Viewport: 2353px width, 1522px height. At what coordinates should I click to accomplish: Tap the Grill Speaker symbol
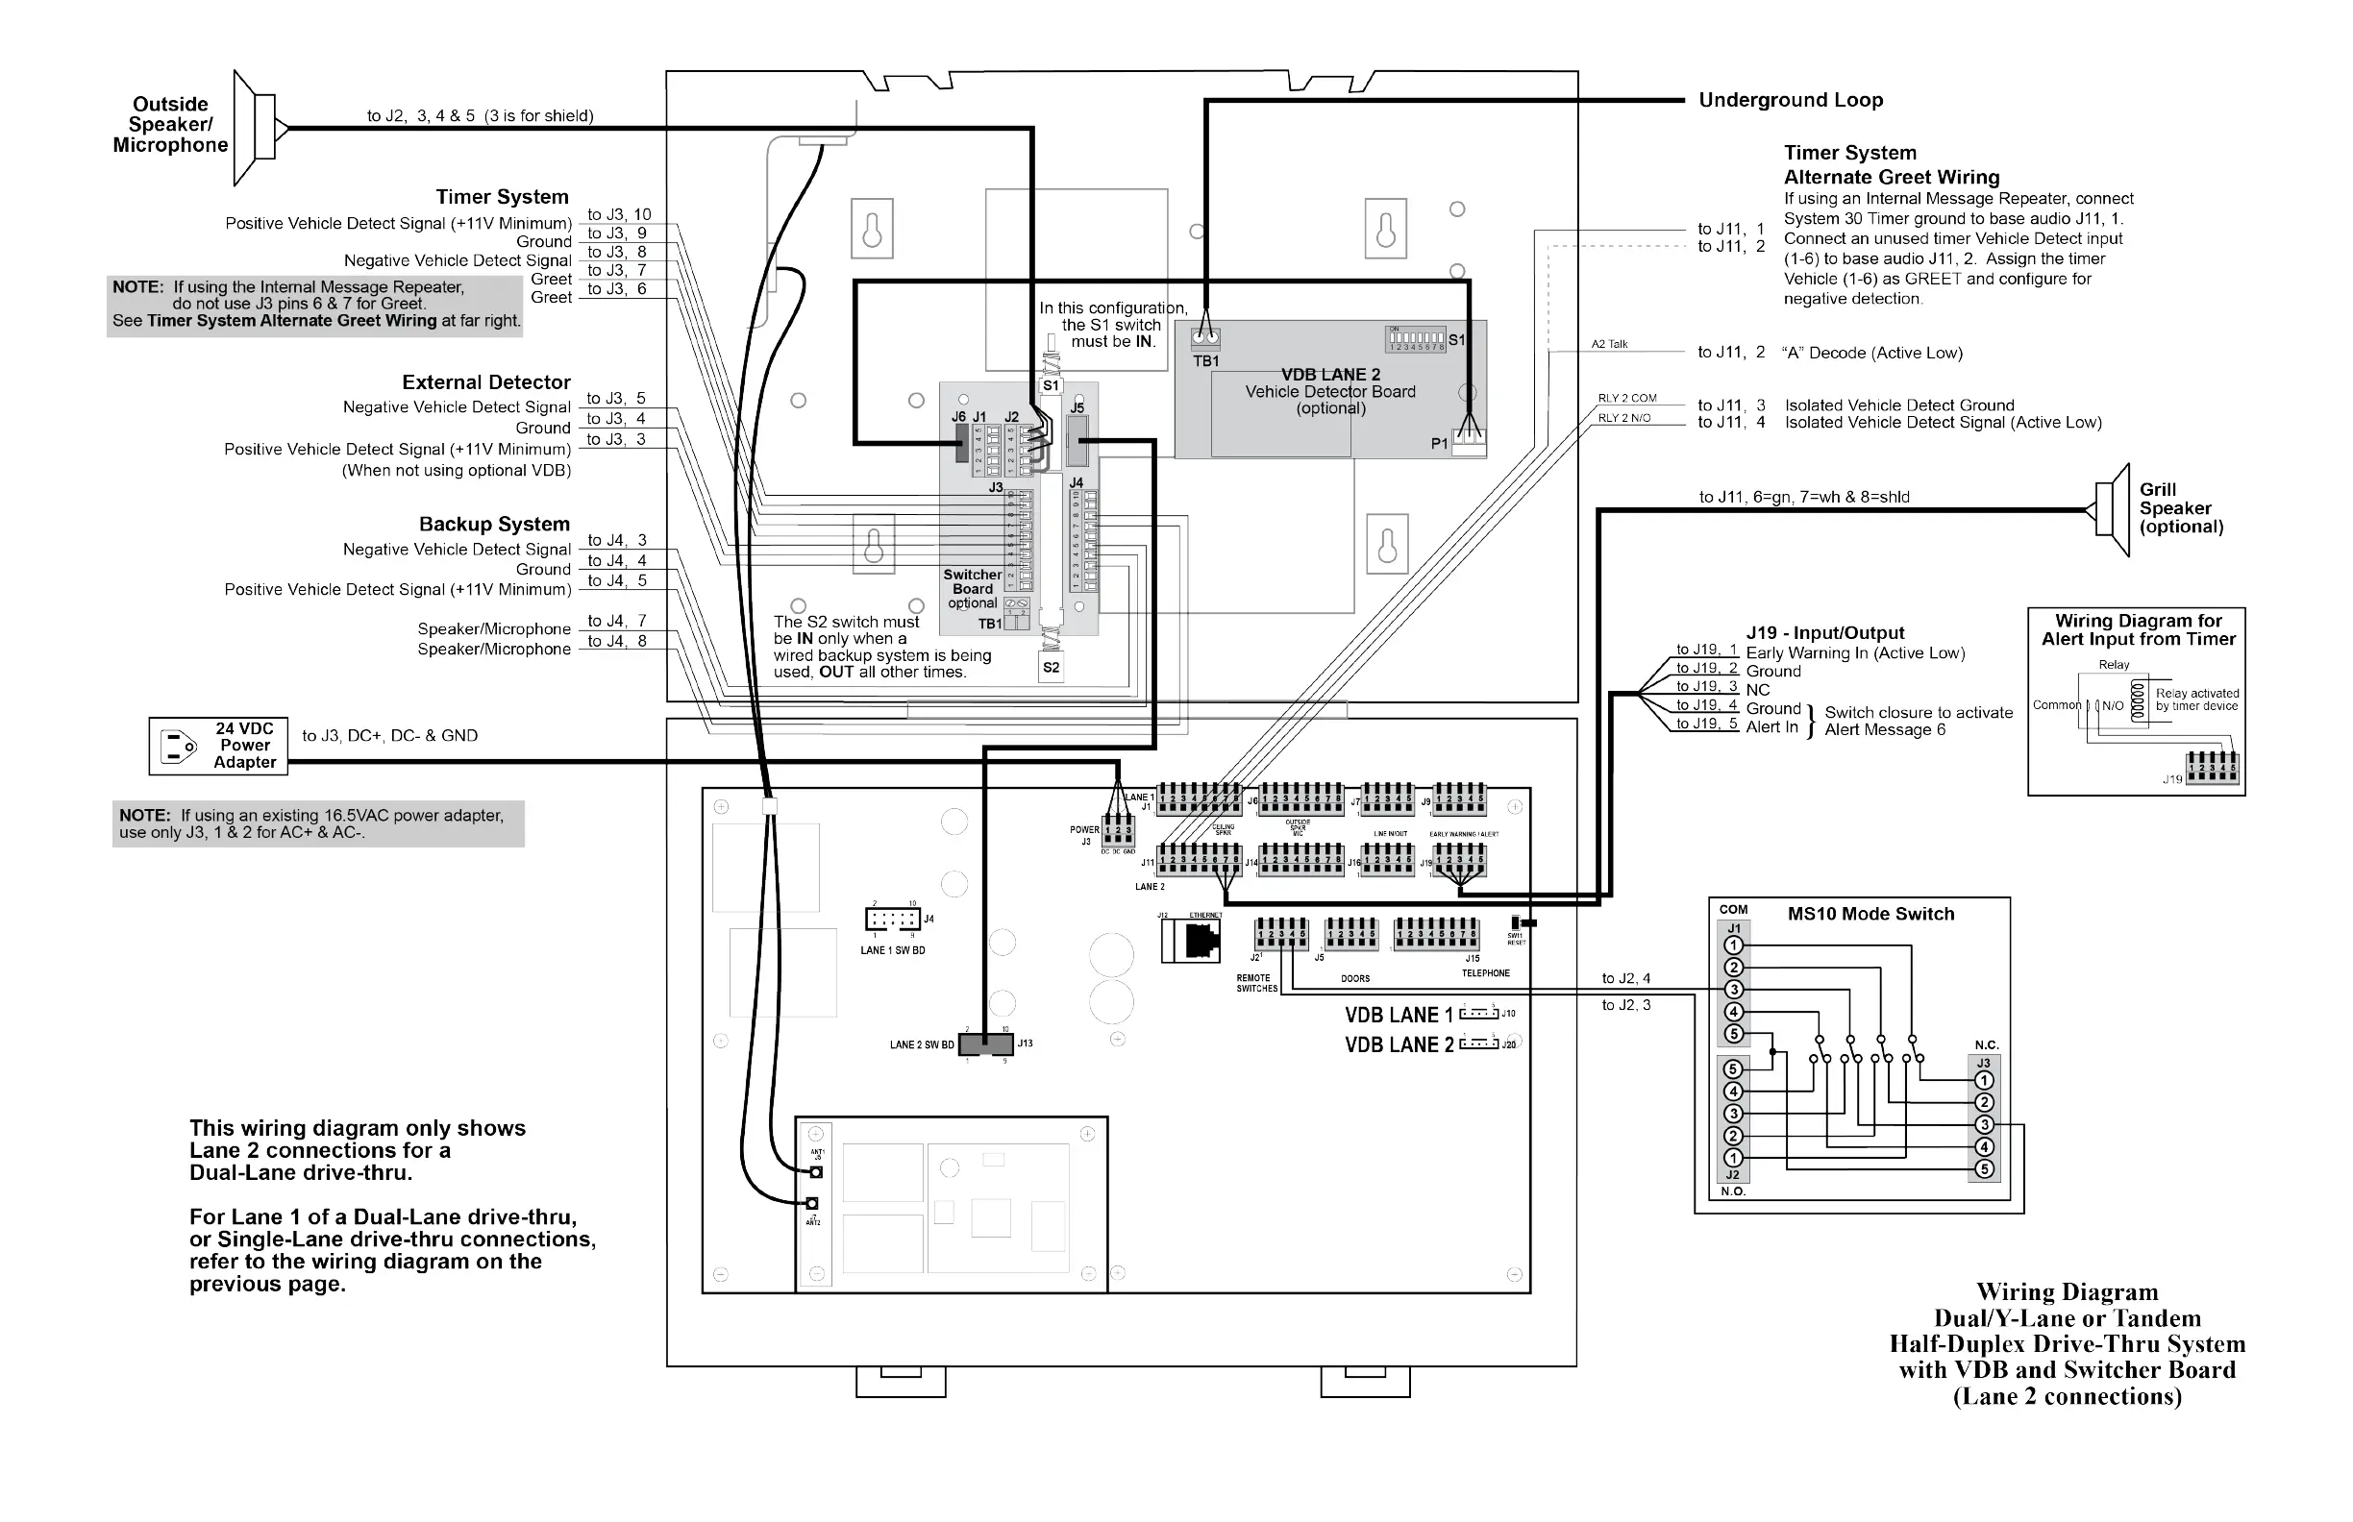coord(2112,510)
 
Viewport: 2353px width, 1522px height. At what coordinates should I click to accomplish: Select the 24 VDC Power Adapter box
coord(218,747)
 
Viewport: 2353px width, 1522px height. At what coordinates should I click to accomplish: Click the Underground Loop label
coord(1791,100)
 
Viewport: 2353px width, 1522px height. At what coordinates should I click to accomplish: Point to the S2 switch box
coord(1051,668)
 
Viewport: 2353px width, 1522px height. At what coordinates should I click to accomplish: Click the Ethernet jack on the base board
coord(1201,940)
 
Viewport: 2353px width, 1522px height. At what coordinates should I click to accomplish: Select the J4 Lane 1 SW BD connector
coord(893,920)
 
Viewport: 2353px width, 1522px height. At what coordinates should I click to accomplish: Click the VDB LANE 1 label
coord(1398,1015)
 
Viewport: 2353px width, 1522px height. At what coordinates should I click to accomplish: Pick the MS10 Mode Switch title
coord(1870,914)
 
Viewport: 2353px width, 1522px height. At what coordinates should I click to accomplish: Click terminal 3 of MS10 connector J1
coord(1733,990)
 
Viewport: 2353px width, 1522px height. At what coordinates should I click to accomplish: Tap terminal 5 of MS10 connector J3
coord(1983,1169)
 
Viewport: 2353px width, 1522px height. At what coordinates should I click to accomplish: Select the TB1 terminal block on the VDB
coord(1205,337)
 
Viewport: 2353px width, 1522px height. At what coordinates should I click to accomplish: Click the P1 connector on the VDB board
coord(1469,442)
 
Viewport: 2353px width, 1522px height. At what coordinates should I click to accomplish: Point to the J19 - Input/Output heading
coord(1825,633)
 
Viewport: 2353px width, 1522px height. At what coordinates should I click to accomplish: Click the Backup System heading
coord(494,524)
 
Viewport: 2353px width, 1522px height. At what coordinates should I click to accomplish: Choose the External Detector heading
coord(485,382)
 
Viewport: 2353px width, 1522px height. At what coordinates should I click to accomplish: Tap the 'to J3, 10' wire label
coord(619,214)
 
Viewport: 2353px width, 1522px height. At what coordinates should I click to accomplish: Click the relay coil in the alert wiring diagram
coord(2140,702)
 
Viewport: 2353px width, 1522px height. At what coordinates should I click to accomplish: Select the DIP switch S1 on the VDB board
coord(1417,340)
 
